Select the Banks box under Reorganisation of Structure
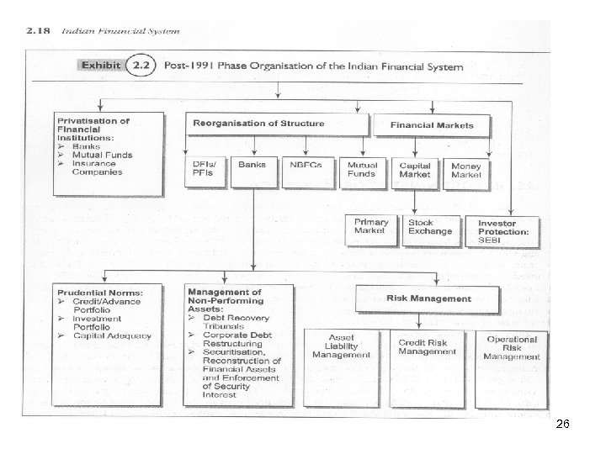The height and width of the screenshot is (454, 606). (252, 171)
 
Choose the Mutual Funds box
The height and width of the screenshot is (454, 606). (362, 171)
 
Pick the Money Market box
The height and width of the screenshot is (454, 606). (466, 171)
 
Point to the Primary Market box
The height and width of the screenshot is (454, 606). (370, 230)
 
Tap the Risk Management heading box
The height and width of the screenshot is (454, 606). (429, 298)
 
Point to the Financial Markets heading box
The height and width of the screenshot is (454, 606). (432, 124)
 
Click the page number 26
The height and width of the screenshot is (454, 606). (563, 427)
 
